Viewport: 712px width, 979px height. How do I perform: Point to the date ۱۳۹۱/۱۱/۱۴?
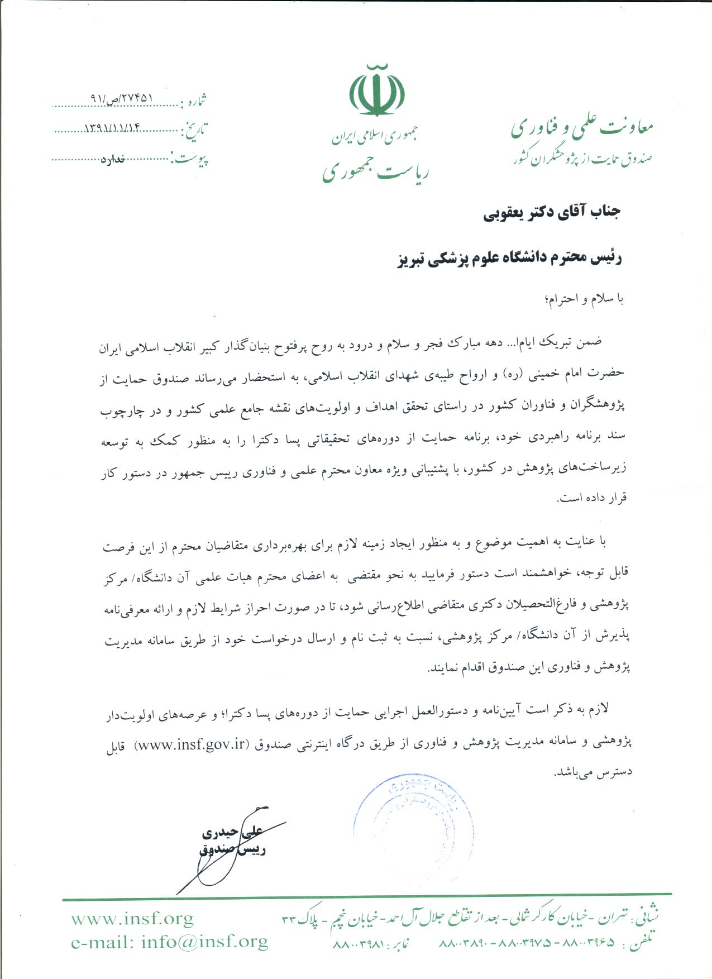112,128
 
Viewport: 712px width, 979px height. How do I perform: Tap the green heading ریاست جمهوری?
375,171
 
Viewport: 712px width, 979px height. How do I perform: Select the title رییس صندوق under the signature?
233,849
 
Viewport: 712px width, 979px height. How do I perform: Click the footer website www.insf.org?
132,918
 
